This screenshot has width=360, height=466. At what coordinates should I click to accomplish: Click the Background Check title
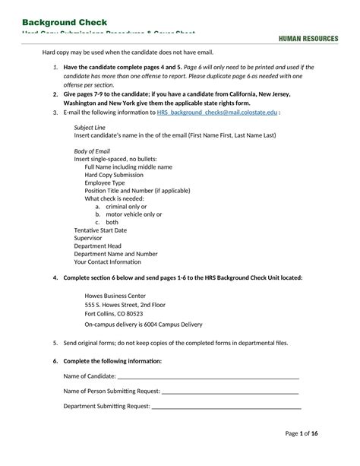pyautogui.click(x=65, y=22)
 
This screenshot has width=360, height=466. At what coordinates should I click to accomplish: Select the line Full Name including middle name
pyautogui.click(x=128, y=166)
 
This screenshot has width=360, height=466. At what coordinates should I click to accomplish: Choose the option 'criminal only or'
pyautogui.click(x=126, y=206)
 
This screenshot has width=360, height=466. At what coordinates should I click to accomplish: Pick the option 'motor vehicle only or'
pyautogui.click(x=134, y=214)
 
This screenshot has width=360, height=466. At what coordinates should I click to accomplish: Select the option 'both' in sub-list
pyautogui.click(x=112, y=222)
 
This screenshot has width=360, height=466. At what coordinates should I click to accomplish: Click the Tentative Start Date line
pyautogui.click(x=100, y=230)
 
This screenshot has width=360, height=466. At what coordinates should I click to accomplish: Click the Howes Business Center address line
pyautogui.click(x=115, y=295)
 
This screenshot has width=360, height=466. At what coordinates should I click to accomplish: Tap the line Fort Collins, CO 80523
pyautogui.click(x=113, y=313)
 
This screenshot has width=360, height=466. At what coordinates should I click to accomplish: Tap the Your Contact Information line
pyautogui.click(x=107, y=262)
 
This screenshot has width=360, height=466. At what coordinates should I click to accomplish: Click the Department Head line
pyautogui.click(x=97, y=246)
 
